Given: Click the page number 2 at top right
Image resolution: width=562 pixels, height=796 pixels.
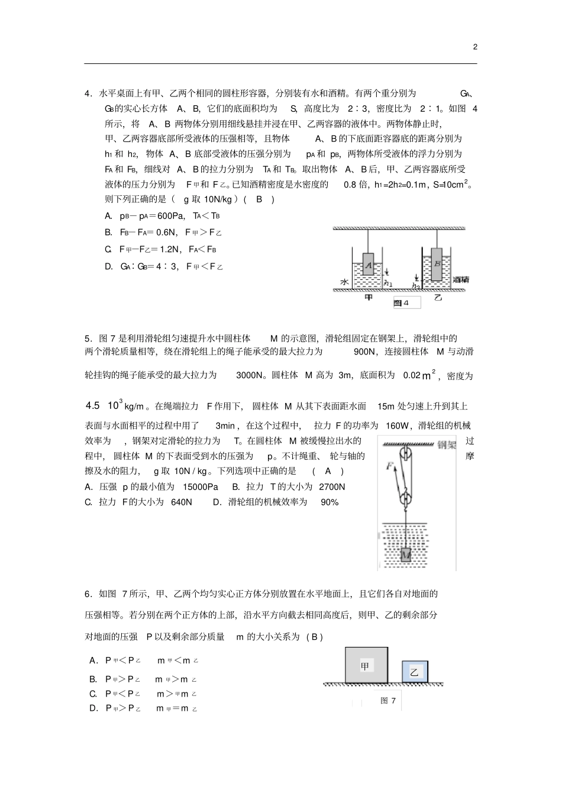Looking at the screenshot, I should click(x=475, y=47).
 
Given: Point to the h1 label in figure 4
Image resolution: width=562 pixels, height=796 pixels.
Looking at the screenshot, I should click(x=387, y=283).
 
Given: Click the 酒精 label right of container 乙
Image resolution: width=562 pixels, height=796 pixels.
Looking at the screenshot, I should click(x=461, y=279).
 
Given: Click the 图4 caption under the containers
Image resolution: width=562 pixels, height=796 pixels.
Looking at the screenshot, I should click(x=402, y=303).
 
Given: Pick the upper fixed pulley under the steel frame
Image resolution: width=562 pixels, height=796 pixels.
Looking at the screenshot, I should click(x=406, y=457).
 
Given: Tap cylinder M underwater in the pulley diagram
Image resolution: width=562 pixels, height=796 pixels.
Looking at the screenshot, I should click(x=406, y=555).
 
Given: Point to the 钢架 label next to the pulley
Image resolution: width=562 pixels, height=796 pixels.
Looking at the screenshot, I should click(x=447, y=445).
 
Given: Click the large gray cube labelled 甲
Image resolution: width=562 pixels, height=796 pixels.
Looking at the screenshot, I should click(x=367, y=665).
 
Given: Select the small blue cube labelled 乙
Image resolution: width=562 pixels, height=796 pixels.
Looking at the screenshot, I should click(x=414, y=672).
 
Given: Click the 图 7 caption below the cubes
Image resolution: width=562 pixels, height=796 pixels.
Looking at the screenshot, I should click(x=388, y=701).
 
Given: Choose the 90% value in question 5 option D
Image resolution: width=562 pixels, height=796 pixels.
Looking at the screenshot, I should click(x=330, y=502).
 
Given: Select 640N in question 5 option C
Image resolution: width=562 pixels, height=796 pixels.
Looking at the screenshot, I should click(x=181, y=502).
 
